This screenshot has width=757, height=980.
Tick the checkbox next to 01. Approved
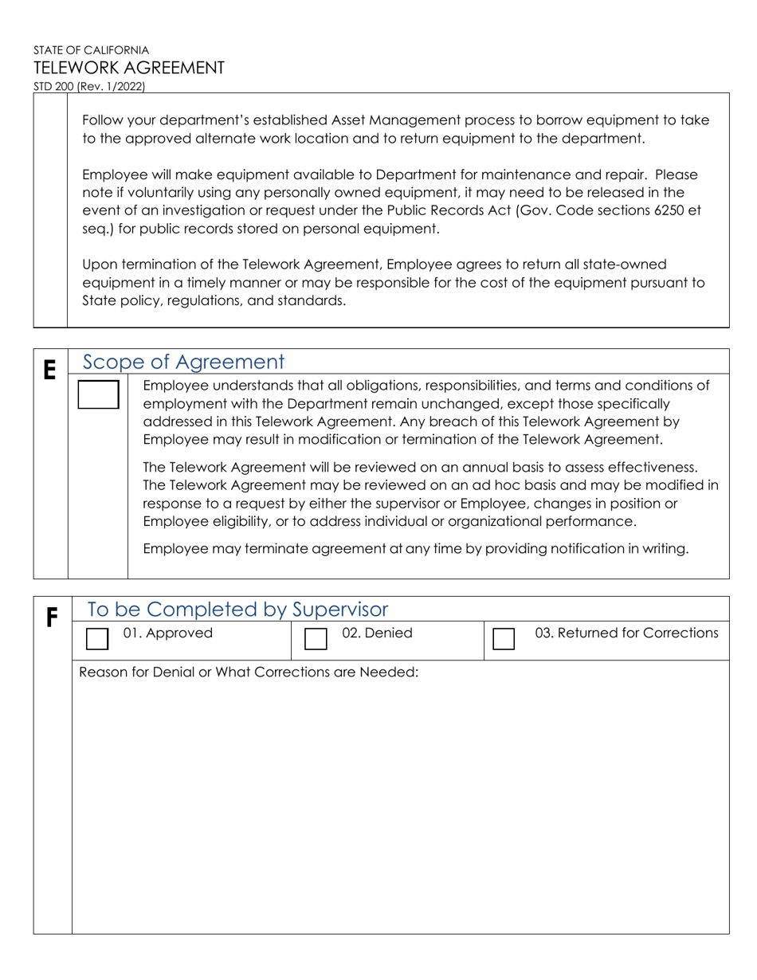pyautogui.click(x=96, y=639)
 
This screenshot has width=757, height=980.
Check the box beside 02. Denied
pyautogui.click(x=316, y=639)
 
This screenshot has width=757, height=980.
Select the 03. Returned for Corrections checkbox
pyautogui.click(x=504, y=639)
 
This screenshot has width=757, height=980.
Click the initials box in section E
pyautogui.click(x=98, y=394)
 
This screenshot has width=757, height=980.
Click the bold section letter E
pyautogui.click(x=49, y=370)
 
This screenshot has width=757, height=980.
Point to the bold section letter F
pyautogui.click(x=52, y=617)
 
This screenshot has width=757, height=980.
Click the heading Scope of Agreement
pyautogui.click(x=183, y=362)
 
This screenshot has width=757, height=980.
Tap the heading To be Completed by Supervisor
pyautogui.click(x=237, y=610)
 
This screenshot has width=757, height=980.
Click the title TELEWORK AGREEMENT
pyautogui.click(x=129, y=68)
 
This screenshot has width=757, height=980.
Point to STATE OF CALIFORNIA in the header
pyautogui.click(x=91, y=49)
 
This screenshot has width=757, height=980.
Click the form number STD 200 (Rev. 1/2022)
pyautogui.click(x=89, y=87)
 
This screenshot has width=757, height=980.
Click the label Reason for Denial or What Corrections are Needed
pyautogui.click(x=249, y=672)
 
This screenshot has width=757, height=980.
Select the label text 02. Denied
pyautogui.click(x=377, y=633)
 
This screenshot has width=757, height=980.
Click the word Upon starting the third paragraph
pyautogui.click(x=101, y=264)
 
